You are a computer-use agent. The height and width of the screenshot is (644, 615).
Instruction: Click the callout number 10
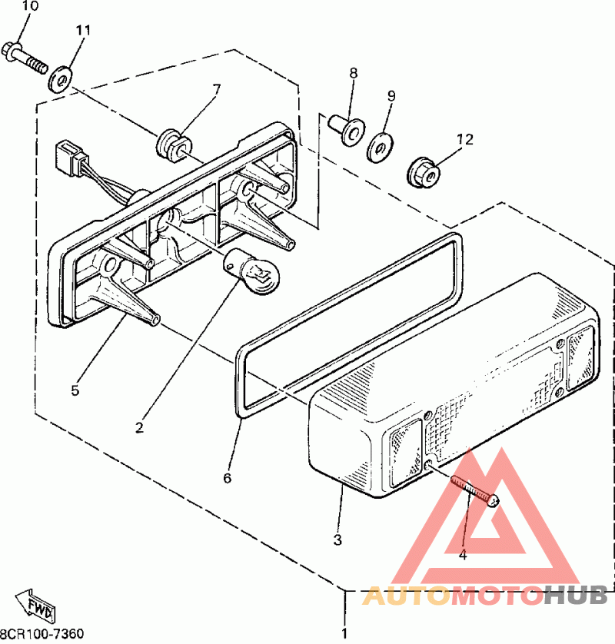pos(28,7)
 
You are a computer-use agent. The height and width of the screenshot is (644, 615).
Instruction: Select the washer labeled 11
pos(59,79)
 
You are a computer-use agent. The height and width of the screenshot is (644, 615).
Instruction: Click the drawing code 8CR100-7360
pos(42,635)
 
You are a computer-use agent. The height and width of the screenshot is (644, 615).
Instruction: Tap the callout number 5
pos(75,390)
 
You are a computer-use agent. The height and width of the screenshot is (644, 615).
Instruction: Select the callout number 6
pos(227,478)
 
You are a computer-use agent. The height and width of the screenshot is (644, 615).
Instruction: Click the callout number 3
pos(337,539)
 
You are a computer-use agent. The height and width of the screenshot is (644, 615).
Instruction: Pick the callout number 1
pos(344,635)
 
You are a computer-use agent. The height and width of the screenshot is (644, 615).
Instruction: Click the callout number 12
pos(464,140)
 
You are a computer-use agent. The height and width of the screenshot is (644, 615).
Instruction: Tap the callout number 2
pos(139,427)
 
